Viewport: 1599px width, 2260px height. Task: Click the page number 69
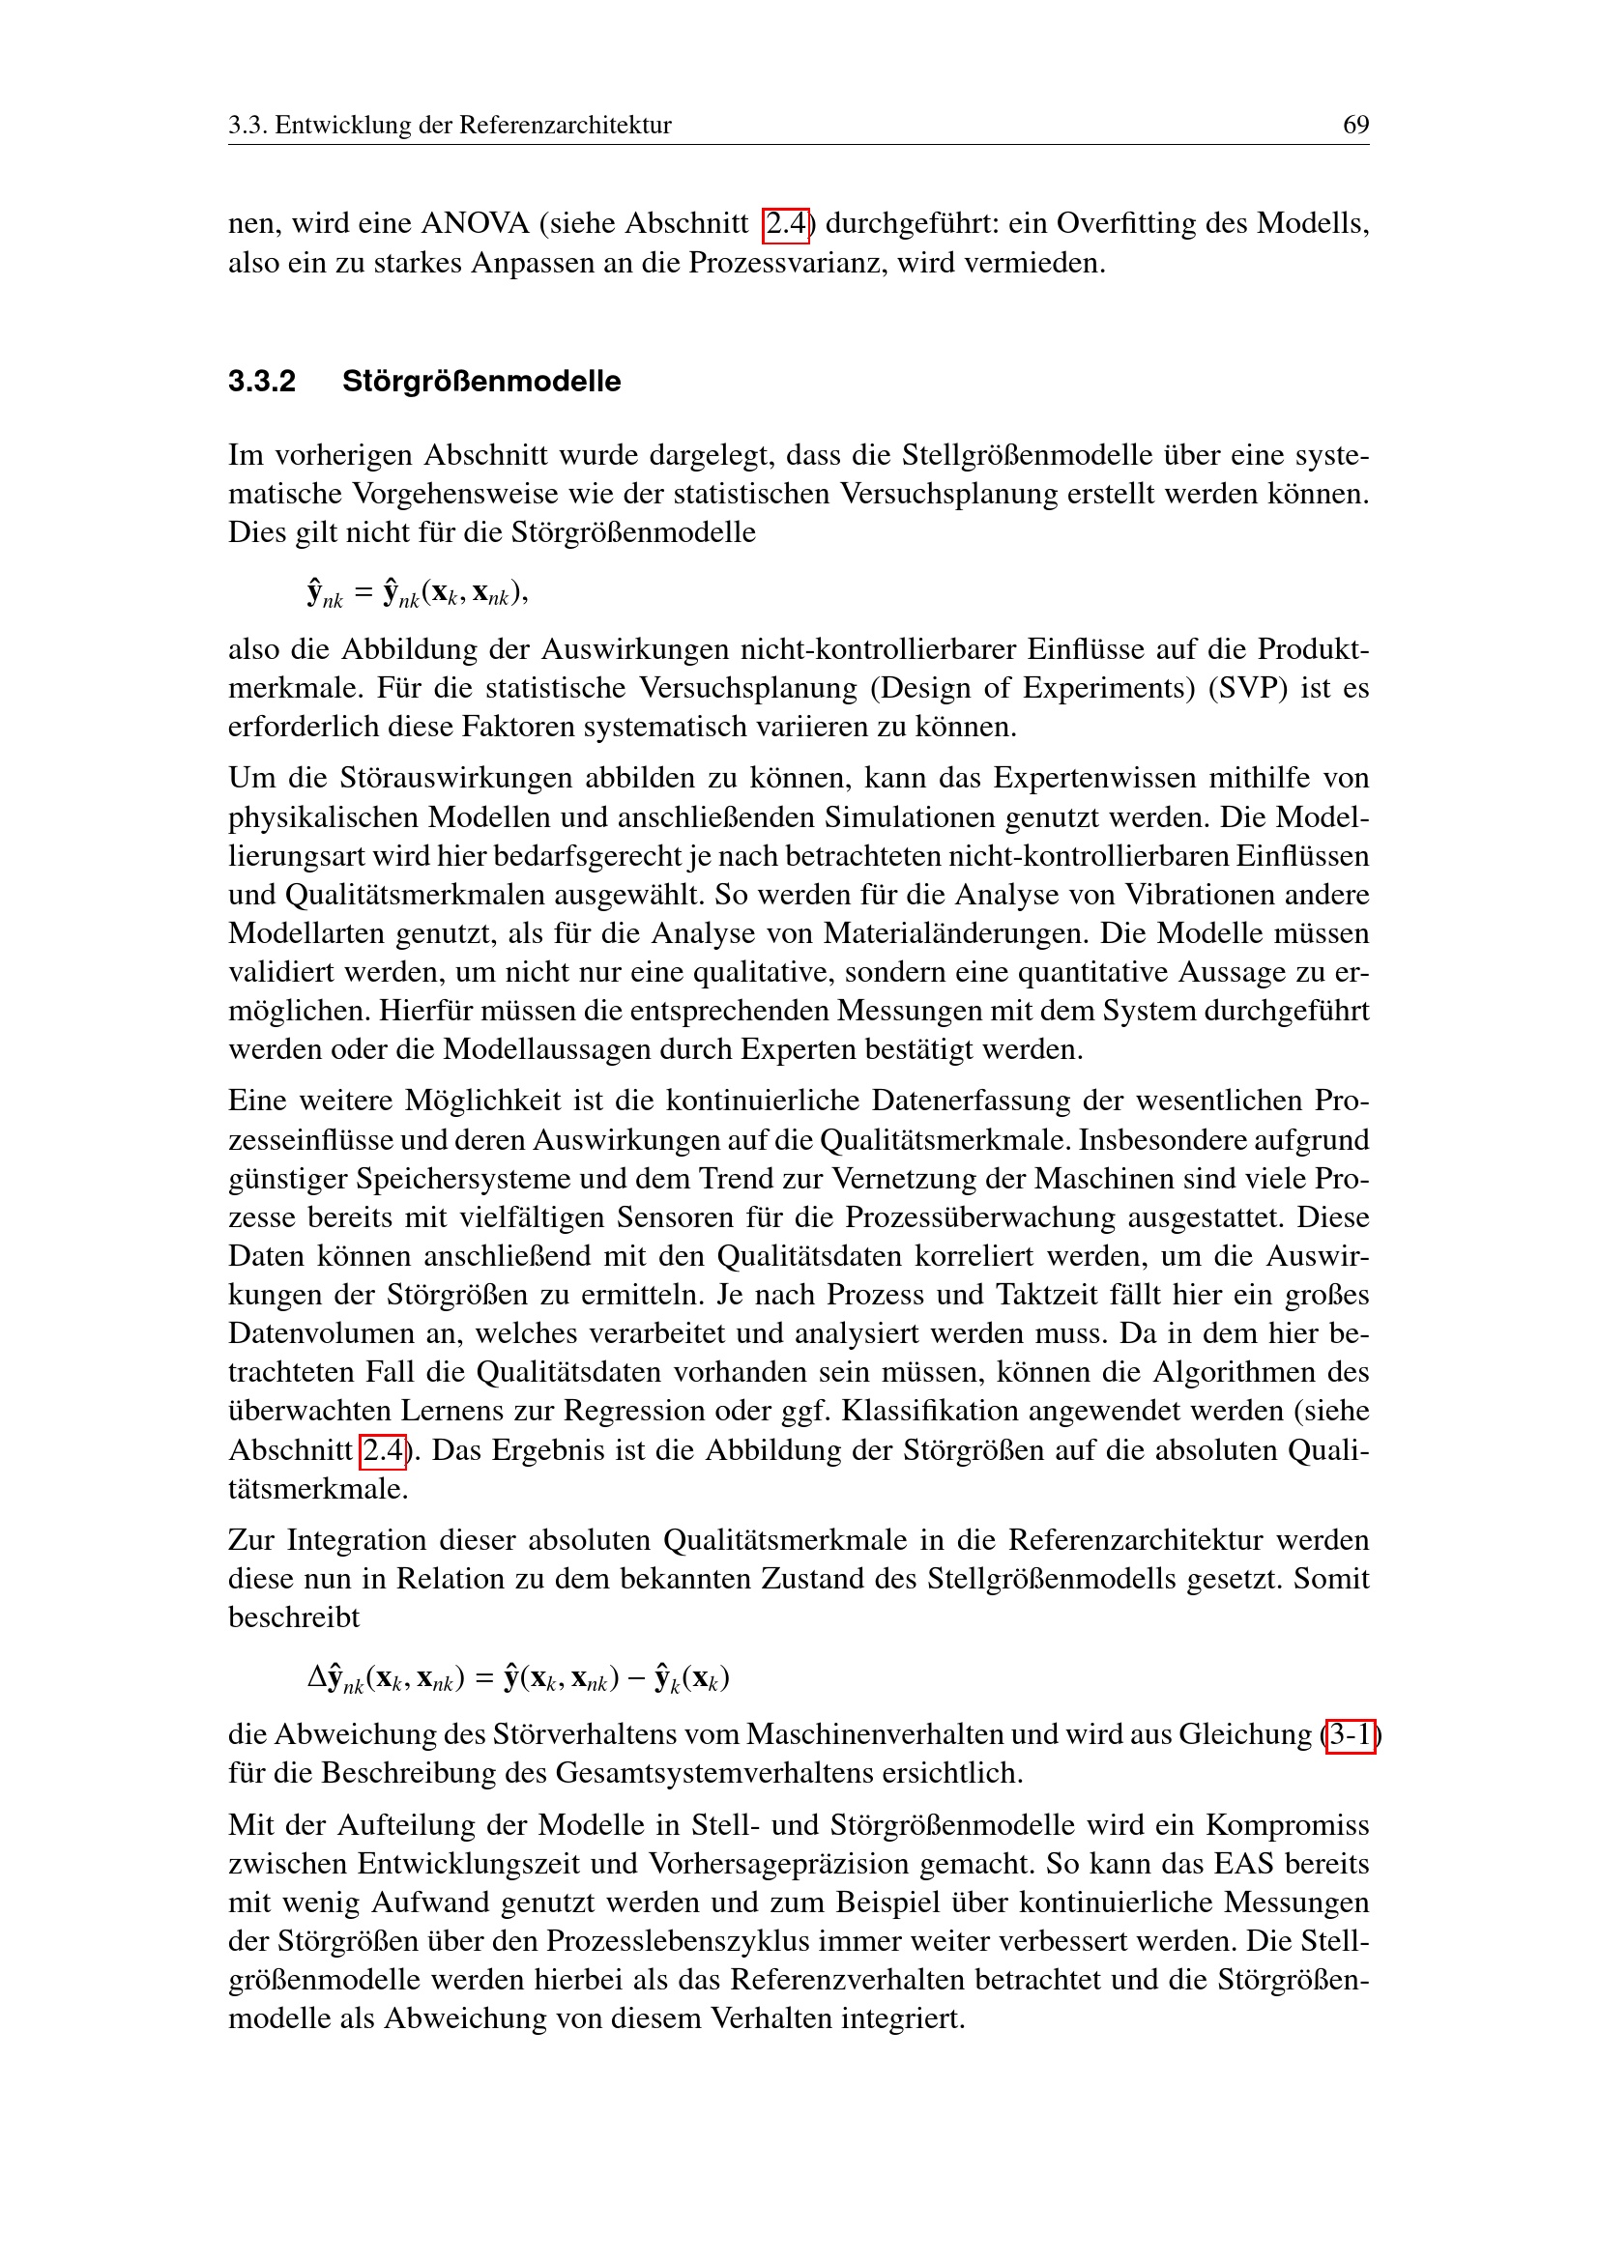point(1354,125)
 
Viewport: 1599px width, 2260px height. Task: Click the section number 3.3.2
point(262,381)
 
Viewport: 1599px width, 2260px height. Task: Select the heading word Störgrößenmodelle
point(481,381)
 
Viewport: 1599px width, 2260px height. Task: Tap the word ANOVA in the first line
point(476,223)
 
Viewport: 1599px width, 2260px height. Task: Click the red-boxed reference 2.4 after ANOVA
point(786,224)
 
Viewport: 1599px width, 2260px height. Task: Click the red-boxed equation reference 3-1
point(1350,1734)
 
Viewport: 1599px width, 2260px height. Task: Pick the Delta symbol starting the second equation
point(316,1676)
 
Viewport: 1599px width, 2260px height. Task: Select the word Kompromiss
point(1287,1825)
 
